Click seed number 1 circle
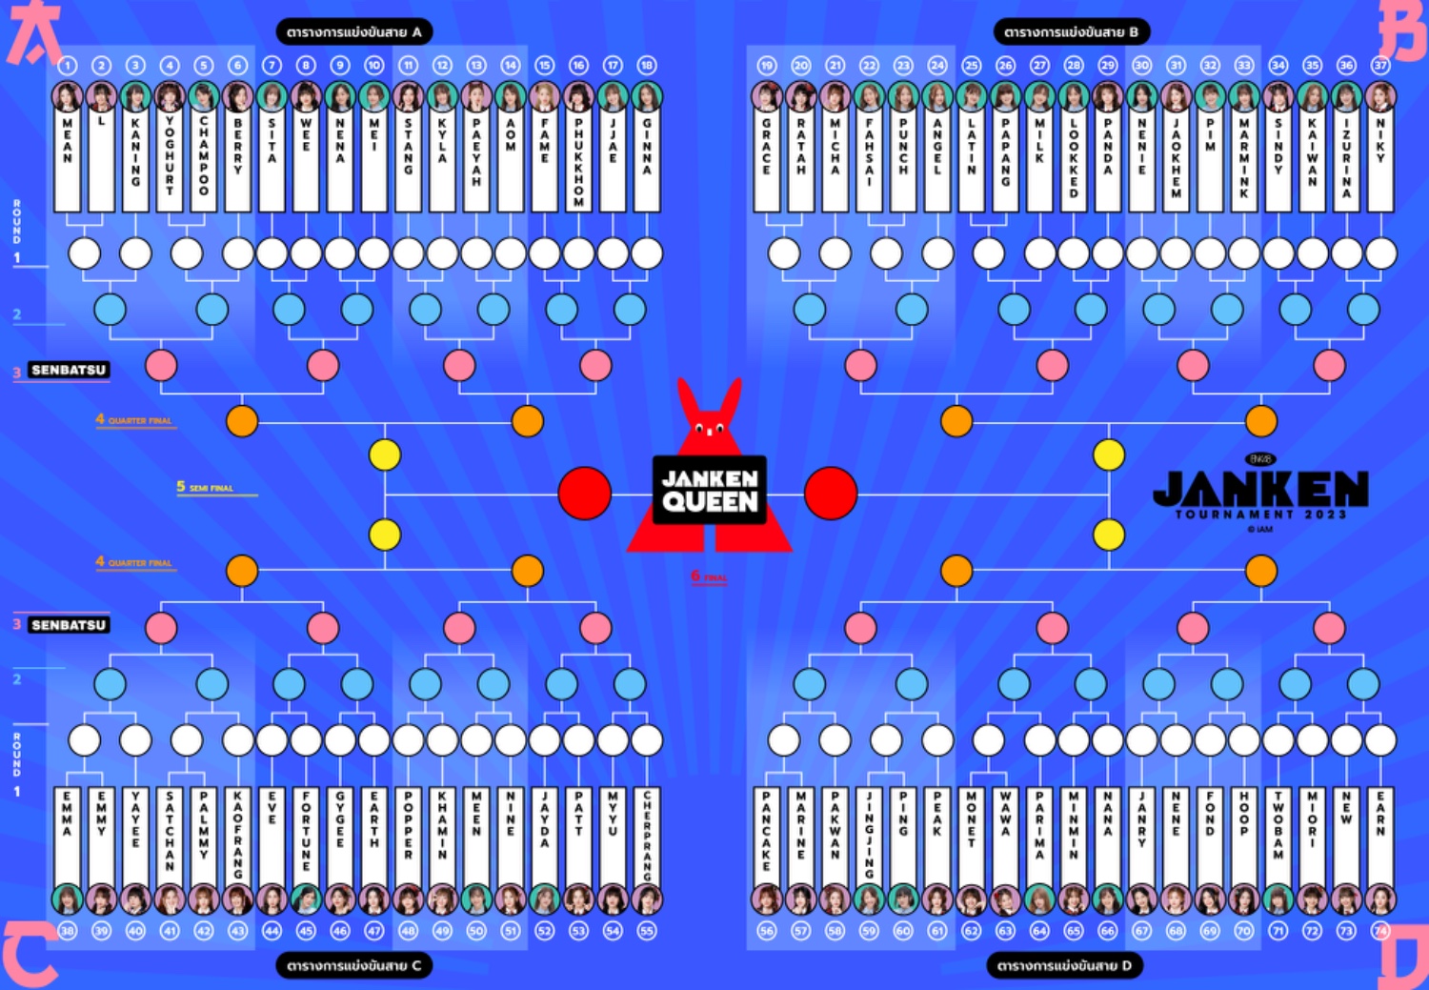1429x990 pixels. coord(68,66)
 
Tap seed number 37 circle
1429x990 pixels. coord(1380,66)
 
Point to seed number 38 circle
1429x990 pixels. coord(68,931)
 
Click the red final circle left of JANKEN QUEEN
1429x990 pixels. coord(584,494)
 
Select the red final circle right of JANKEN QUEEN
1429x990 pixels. coord(831,494)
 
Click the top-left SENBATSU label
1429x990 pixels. coord(69,370)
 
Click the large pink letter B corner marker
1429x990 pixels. coord(1402,30)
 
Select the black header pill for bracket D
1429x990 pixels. coord(1064,966)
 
